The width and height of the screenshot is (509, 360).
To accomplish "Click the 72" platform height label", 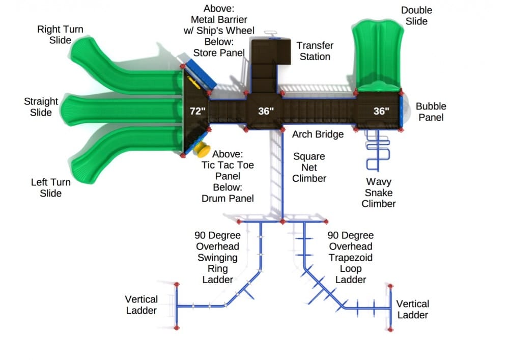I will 196,112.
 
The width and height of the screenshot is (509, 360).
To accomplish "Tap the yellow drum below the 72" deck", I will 202,149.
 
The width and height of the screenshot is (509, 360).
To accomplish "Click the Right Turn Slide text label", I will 60,35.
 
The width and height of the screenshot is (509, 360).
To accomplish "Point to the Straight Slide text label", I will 41,107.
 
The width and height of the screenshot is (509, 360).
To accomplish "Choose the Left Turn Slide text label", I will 51,187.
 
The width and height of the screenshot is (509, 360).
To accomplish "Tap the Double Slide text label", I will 416,16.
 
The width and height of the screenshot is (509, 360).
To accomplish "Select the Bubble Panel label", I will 431,112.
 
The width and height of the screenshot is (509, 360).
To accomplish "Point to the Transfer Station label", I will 315,51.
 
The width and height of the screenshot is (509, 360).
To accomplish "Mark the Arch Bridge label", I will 318,134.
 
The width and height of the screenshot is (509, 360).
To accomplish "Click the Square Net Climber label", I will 309,167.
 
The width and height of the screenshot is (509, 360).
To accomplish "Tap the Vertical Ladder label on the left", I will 142,304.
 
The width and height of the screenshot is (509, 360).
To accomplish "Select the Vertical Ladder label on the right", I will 412,309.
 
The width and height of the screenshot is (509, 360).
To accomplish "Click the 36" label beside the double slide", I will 381,112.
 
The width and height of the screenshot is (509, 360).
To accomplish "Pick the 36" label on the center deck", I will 266,112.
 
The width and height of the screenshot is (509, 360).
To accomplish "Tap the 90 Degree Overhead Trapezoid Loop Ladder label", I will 351,258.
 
